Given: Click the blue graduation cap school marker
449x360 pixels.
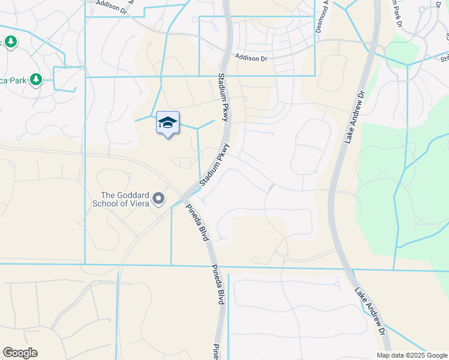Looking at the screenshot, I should [x=167, y=123].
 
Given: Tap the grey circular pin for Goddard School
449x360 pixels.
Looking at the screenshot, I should [x=158, y=198].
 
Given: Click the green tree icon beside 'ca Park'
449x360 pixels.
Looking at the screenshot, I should [x=36, y=79].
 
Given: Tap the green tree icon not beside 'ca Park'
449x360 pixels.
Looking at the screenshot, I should [x=10, y=41].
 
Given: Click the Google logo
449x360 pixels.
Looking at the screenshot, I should [x=20, y=353].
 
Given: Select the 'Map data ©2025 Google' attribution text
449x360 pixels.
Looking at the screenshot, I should [x=411, y=355].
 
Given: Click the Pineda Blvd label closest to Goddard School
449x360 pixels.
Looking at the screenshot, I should [x=196, y=222].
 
